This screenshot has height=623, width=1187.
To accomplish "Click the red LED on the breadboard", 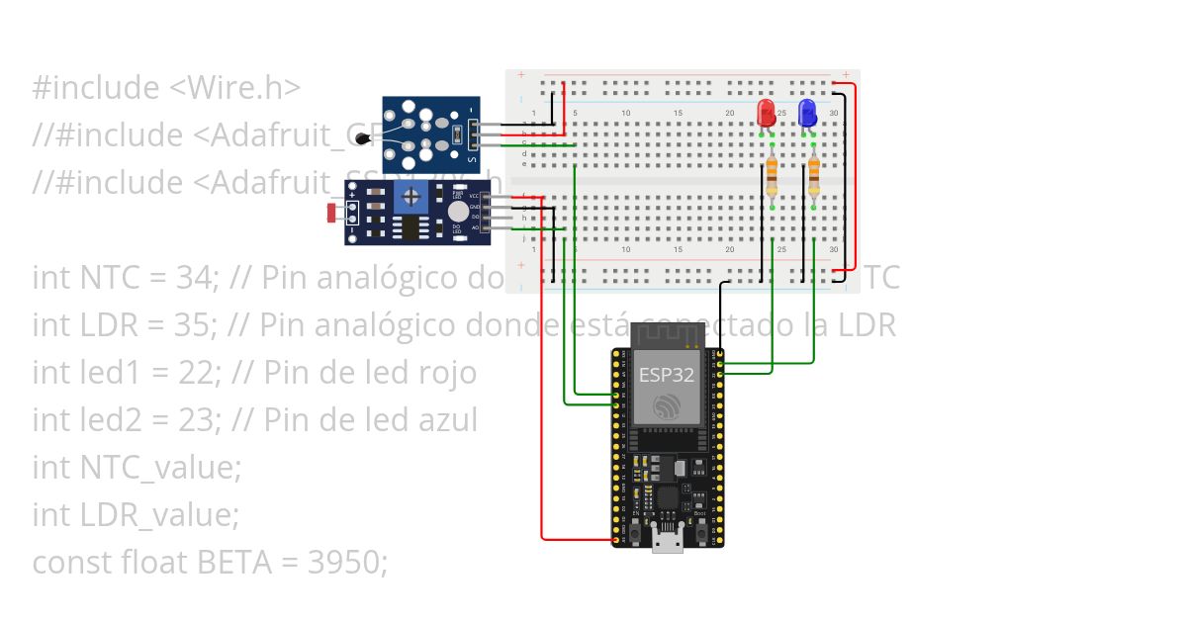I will [x=765, y=112].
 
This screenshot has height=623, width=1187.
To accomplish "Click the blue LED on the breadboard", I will [x=806, y=111].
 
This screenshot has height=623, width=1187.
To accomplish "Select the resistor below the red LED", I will [x=772, y=179].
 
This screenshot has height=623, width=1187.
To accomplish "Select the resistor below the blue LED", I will [x=814, y=179].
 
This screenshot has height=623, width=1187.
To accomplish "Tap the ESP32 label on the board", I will [x=666, y=375].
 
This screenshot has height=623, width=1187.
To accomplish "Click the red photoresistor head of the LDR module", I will [x=330, y=212].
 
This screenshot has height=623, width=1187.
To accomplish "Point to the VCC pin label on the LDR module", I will [x=474, y=197].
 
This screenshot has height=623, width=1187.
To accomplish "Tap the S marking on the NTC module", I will [x=471, y=158].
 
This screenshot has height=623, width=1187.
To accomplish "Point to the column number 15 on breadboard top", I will [x=678, y=114].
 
